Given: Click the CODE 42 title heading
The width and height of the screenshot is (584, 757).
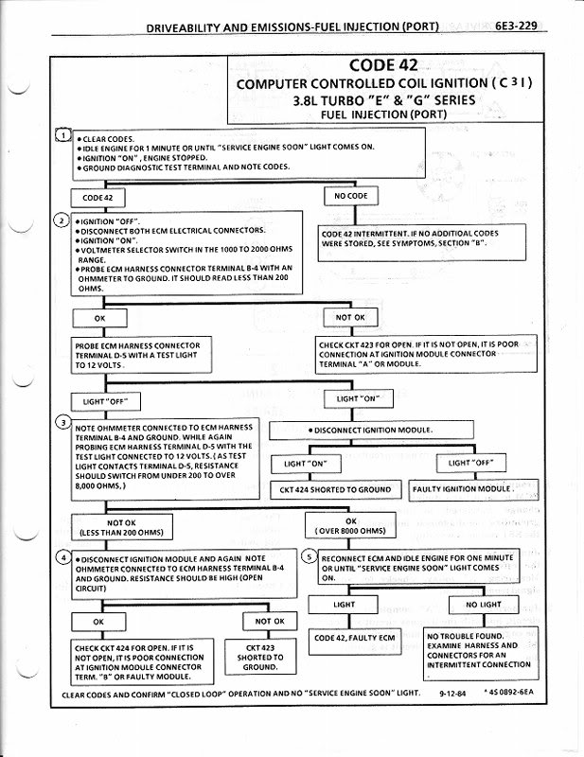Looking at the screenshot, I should (x=384, y=65).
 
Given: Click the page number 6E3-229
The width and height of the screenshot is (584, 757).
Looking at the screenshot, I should (x=521, y=26).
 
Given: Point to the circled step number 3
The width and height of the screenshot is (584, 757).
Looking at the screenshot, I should (x=63, y=421).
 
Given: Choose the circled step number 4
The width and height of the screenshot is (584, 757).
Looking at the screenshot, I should (x=62, y=558).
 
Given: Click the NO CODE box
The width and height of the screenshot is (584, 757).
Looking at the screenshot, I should (x=350, y=197).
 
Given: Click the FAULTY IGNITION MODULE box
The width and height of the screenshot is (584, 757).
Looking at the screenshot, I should (x=473, y=490).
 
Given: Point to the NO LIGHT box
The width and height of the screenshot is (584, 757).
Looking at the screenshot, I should (x=484, y=605).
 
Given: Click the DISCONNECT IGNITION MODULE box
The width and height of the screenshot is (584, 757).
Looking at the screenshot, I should (x=371, y=431).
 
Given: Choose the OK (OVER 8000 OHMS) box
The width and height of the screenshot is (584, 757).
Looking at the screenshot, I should (x=351, y=526).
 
